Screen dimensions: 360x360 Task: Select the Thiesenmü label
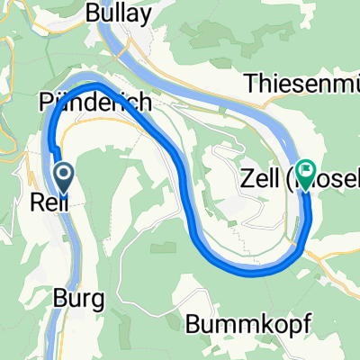coord(302,84)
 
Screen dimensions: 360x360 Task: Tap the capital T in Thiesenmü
coord(251,84)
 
